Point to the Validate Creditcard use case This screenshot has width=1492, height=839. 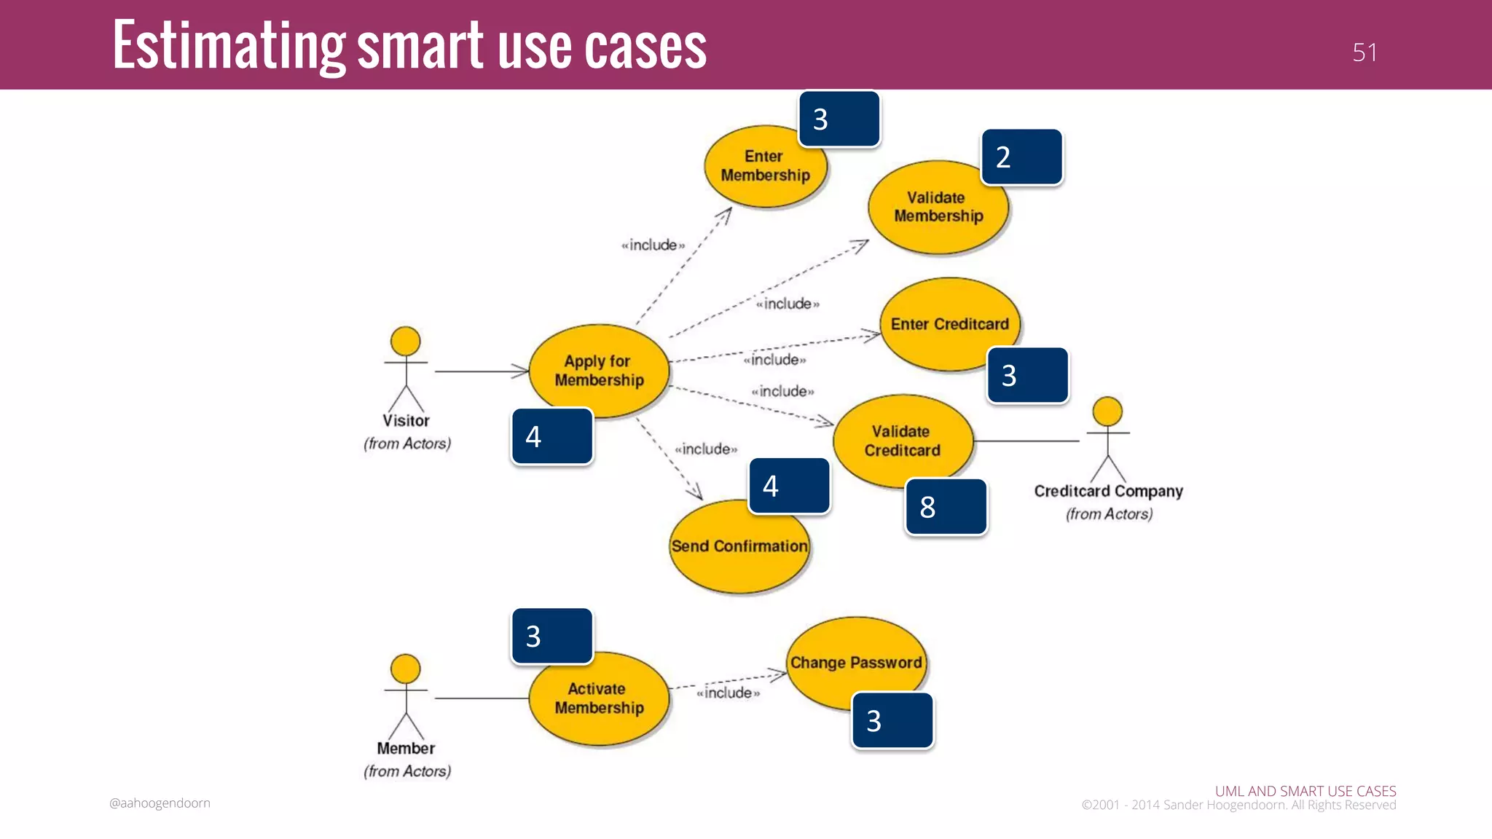pyautogui.click(x=902, y=441)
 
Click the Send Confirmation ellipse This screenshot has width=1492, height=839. pyautogui.click(x=739, y=548)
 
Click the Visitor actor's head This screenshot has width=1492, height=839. pyautogui.click(x=405, y=341)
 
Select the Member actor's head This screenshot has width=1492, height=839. pyautogui.click(x=405, y=669)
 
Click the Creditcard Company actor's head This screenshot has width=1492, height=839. pyautogui.click(x=1107, y=411)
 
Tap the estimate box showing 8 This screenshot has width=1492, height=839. pyautogui.click(x=946, y=507)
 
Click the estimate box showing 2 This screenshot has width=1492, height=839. pyautogui.click(x=1022, y=157)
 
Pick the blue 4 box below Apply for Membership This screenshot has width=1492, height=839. pyautogui.click(x=552, y=436)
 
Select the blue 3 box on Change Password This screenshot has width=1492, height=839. pyautogui.click(x=892, y=721)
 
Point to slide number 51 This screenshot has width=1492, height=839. pyautogui.click(x=1365, y=52)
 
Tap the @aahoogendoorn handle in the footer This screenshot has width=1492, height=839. pyautogui.click(x=160, y=803)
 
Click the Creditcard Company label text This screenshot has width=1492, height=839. pyautogui.click(x=1108, y=492)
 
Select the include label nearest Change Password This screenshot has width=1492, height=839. pyautogui.click(x=728, y=693)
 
